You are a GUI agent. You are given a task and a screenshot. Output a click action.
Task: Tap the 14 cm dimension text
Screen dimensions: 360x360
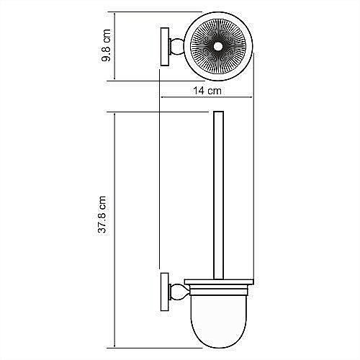[x=207, y=91]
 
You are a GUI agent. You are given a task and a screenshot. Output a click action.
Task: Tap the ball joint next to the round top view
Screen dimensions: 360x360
[x=176, y=48]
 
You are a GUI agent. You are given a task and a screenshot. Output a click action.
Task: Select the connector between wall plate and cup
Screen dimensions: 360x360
[x=176, y=291]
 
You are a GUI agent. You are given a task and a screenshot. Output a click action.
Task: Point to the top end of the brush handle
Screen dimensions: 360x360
[x=220, y=114]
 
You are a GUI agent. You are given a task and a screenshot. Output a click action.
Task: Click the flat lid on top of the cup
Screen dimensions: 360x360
[x=220, y=281]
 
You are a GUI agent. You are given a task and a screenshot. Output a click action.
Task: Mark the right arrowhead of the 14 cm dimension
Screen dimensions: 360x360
[x=253, y=99]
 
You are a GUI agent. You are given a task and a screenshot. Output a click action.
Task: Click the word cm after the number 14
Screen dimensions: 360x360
[x=213, y=91]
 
